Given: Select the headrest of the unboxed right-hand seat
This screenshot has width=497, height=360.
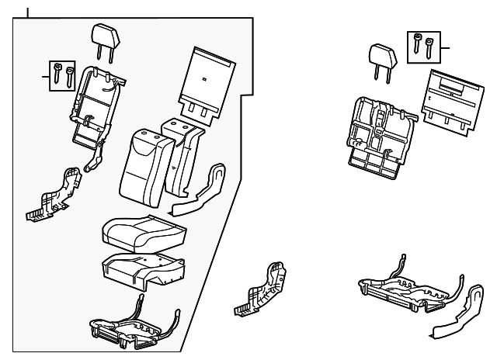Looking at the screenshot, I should tap(381, 55).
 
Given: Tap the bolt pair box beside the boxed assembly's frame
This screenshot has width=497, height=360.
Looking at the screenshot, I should tap(62, 75).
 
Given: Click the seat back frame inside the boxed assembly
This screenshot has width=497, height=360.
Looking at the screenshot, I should tap(94, 105).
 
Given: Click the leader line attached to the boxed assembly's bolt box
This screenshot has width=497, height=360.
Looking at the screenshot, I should tap(45, 75).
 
